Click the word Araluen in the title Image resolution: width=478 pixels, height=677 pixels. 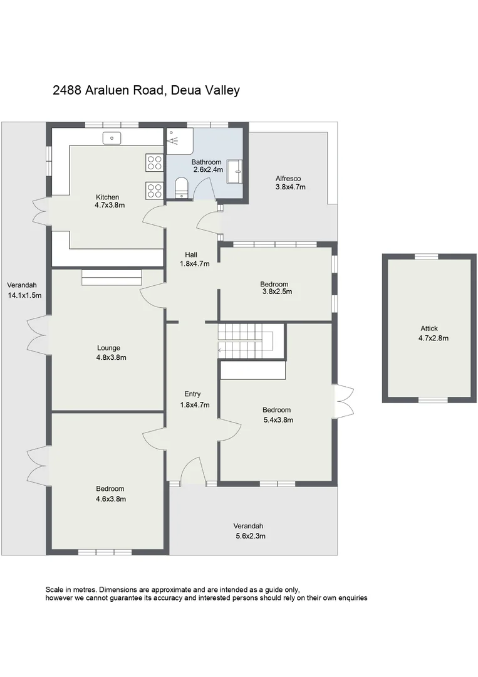click(110, 90)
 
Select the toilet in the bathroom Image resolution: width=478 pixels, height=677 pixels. click(182, 187)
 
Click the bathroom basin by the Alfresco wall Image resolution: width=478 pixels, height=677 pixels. click(236, 171)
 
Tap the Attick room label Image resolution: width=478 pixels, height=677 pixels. click(429, 328)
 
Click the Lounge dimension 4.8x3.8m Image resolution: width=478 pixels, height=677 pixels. click(108, 358)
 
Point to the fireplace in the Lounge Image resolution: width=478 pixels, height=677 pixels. click(112, 278)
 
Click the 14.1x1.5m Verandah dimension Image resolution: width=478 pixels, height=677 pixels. click(25, 295)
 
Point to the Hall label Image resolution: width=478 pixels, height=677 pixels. click(191, 255)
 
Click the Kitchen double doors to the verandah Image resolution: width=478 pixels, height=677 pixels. click(40, 211)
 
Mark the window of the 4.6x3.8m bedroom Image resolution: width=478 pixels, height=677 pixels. click(105, 552)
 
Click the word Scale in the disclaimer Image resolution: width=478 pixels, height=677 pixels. click(55, 590)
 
